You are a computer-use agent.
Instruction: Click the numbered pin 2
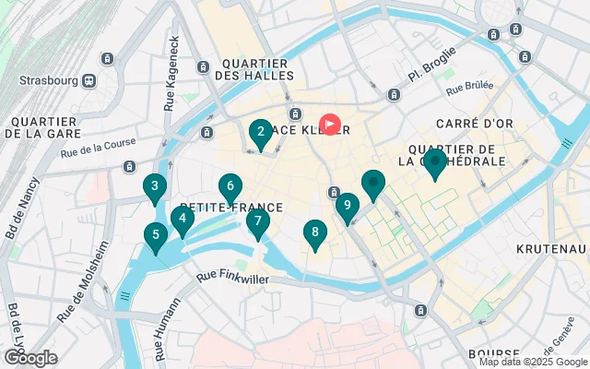click(x=261, y=132)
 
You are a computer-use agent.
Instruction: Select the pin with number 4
click(x=183, y=219)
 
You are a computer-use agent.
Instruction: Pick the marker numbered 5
click(x=155, y=235)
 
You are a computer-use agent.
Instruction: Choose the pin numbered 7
click(x=258, y=220)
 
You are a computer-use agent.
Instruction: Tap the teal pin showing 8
click(x=315, y=233)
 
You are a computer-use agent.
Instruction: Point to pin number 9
click(x=347, y=206)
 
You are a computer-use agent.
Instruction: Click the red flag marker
click(x=330, y=124)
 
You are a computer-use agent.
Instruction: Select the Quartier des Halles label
click(x=256, y=69)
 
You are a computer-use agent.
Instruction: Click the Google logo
click(x=30, y=357)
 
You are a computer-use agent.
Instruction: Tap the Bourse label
click(x=493, y=353)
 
